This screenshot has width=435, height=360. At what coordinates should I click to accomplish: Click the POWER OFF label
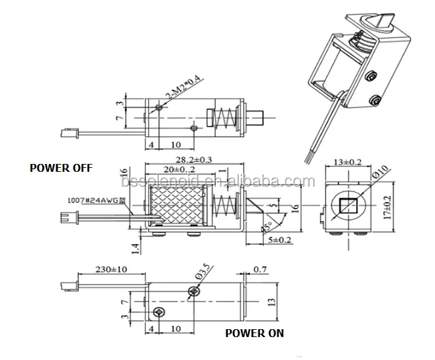click(x=61, y=167)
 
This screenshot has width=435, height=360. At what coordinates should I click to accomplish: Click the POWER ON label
click(x=255, y=333)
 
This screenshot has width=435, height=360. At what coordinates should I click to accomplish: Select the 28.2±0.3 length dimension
click(x=194, y=159)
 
